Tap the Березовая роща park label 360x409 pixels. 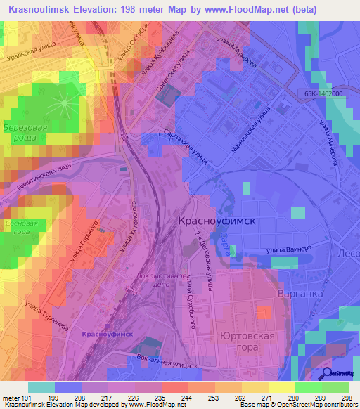[25, 134]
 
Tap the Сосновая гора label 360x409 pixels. [15, 226]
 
